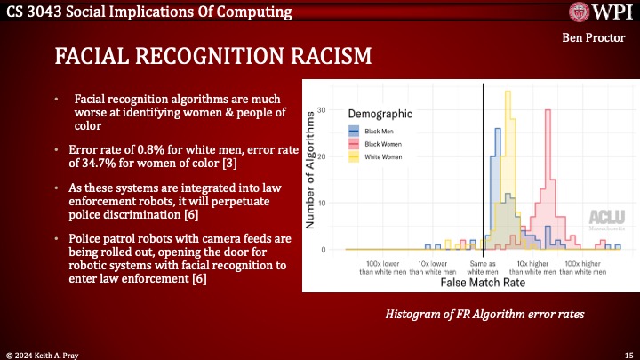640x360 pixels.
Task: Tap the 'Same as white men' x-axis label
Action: click(484, 268)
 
